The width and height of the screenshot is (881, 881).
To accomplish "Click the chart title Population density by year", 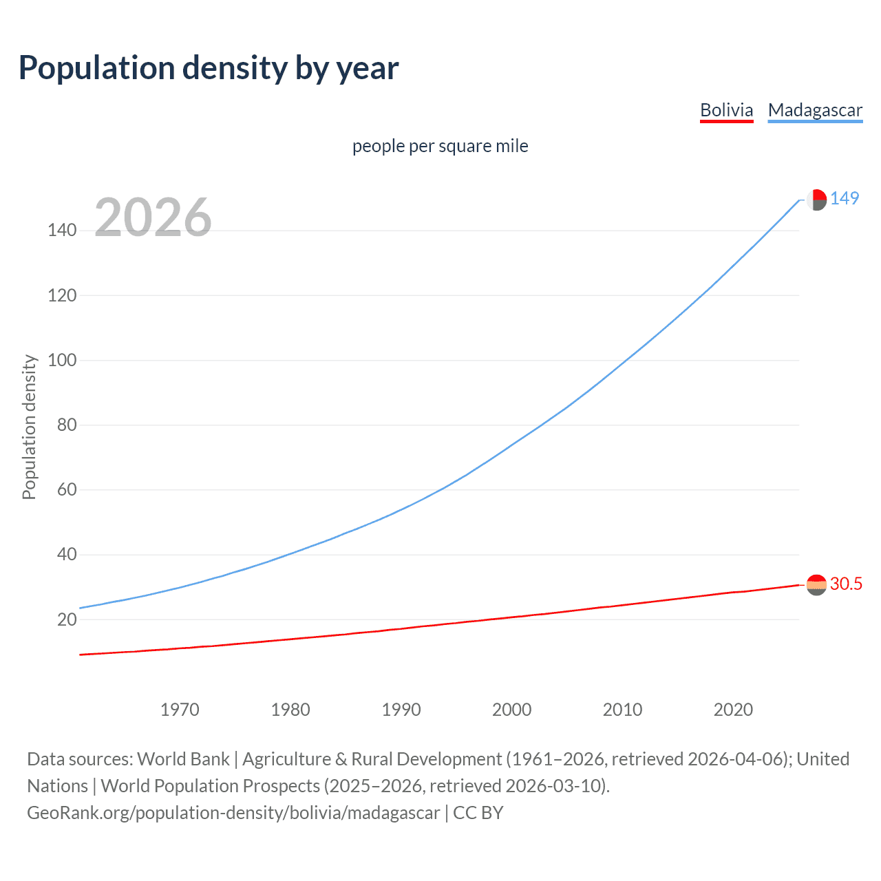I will [209, 68].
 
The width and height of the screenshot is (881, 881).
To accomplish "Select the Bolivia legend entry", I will [726, 110].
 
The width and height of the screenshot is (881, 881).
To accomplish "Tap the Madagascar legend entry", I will [815, 110].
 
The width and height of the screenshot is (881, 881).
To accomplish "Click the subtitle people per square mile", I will [440, 146].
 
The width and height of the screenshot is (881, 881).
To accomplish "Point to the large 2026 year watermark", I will [153, 217].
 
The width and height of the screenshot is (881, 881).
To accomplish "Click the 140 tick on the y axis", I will [62, 231].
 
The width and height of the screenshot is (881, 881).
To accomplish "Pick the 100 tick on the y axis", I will [62, 360].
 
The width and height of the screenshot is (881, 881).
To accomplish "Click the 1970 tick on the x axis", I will [180, 710].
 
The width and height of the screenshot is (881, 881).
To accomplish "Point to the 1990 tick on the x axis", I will [401, 710].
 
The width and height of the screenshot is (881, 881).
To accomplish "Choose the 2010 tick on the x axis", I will [622, 710].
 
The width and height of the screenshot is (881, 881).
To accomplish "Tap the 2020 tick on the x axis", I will [733, 710].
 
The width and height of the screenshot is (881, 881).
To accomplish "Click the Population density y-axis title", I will [29, 427].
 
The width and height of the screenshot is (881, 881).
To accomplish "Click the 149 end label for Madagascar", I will [845, 199].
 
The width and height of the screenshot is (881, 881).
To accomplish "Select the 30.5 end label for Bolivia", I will [846, 584].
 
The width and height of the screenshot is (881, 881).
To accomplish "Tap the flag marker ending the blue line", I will [816, 200].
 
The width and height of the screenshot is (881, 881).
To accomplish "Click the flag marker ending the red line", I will [816, 585].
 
